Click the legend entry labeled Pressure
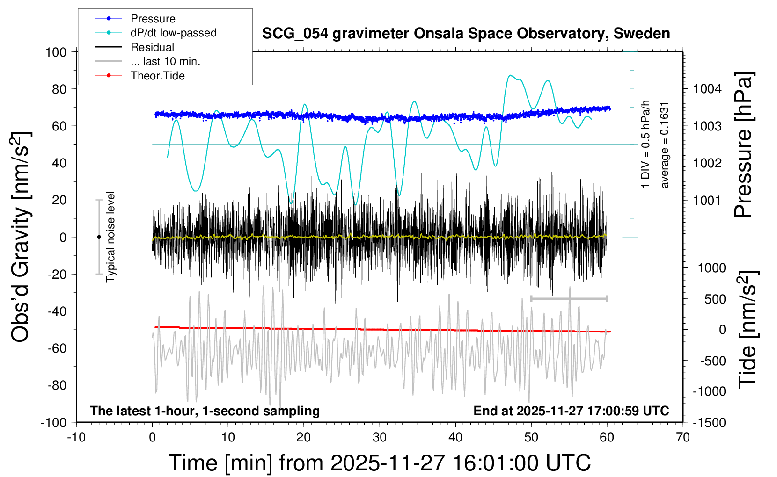tap(153, 19)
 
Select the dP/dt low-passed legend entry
tap(173, 33)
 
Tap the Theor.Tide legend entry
tap(157, 76)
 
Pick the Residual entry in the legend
tap(152, 47)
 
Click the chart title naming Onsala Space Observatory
tap(466, 34)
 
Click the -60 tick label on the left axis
tap(57, 348)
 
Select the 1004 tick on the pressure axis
tap(707, 89)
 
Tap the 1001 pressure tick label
tap(707, 200)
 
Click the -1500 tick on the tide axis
tap(710, 422)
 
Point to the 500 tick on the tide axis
tap(715, 299)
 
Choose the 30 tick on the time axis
tap(380, 437)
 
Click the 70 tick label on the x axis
tap(683, 437)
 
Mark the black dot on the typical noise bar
tap(99, 237)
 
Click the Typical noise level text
tap(110, 237)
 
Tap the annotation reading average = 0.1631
tap(665, 145)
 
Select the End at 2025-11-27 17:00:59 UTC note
tap(571, 411)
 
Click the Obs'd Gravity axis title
tap(21, 237)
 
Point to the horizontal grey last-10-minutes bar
tap(569, 298)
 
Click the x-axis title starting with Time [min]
tap(380, 463)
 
